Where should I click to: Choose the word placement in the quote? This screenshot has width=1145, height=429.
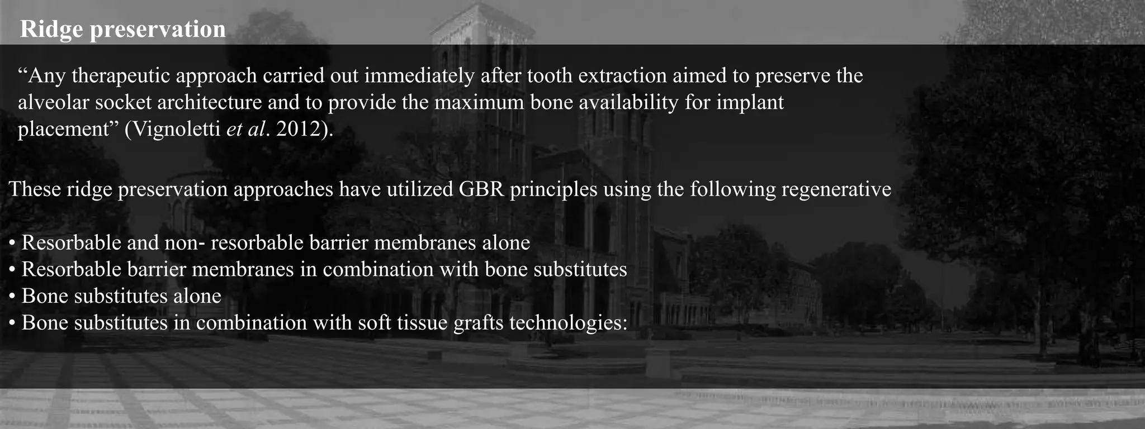pyautogui.click(x=62, y=130)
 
